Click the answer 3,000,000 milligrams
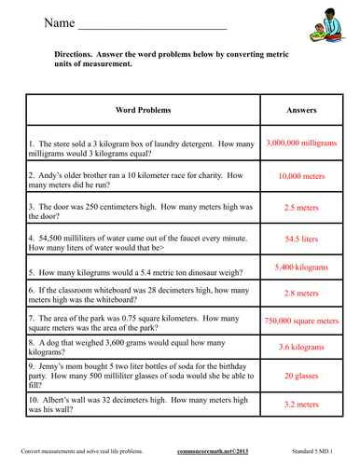pyautogui.click(x=307, y=144)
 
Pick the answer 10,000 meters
pyautogui.click(x=307, y=175)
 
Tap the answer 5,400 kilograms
pyautogui.click(x=307, y=267)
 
